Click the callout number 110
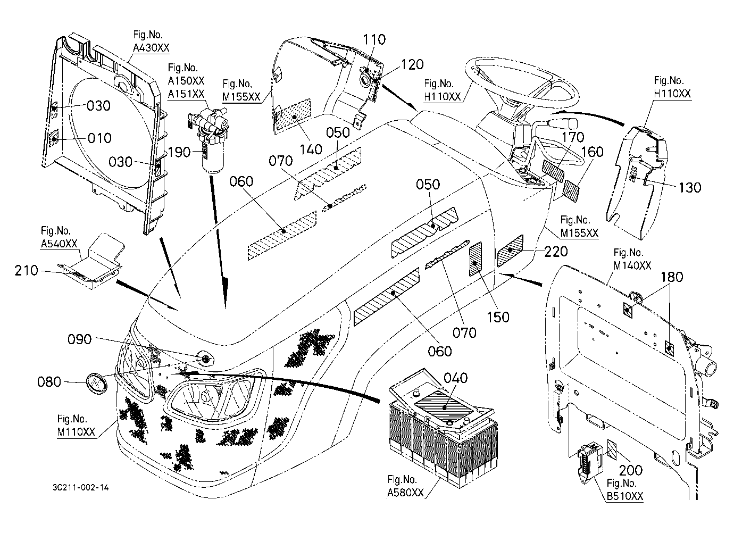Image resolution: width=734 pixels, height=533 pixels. point(374,40)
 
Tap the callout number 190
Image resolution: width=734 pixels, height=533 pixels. point(179,152)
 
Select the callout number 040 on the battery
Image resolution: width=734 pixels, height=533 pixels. point(455,378)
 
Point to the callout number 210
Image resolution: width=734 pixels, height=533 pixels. point(26,270)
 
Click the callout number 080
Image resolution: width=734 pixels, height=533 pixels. point(49,382)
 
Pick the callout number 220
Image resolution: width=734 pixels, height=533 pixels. point(556,252)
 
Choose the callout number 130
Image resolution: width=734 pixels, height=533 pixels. point(689,187)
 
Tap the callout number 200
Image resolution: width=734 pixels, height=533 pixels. point(630,470)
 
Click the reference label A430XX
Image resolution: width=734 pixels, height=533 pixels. point(151,48)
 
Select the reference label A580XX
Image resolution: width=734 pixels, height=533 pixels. point(405,493)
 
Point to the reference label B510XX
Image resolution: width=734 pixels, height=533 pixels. point(625,496)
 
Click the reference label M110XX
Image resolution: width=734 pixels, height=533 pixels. point(76,432)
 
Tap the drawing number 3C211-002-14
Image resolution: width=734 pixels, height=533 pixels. point(81,487)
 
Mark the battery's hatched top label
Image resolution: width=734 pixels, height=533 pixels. point(445,406)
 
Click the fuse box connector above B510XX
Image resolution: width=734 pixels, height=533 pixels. point(589,463)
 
